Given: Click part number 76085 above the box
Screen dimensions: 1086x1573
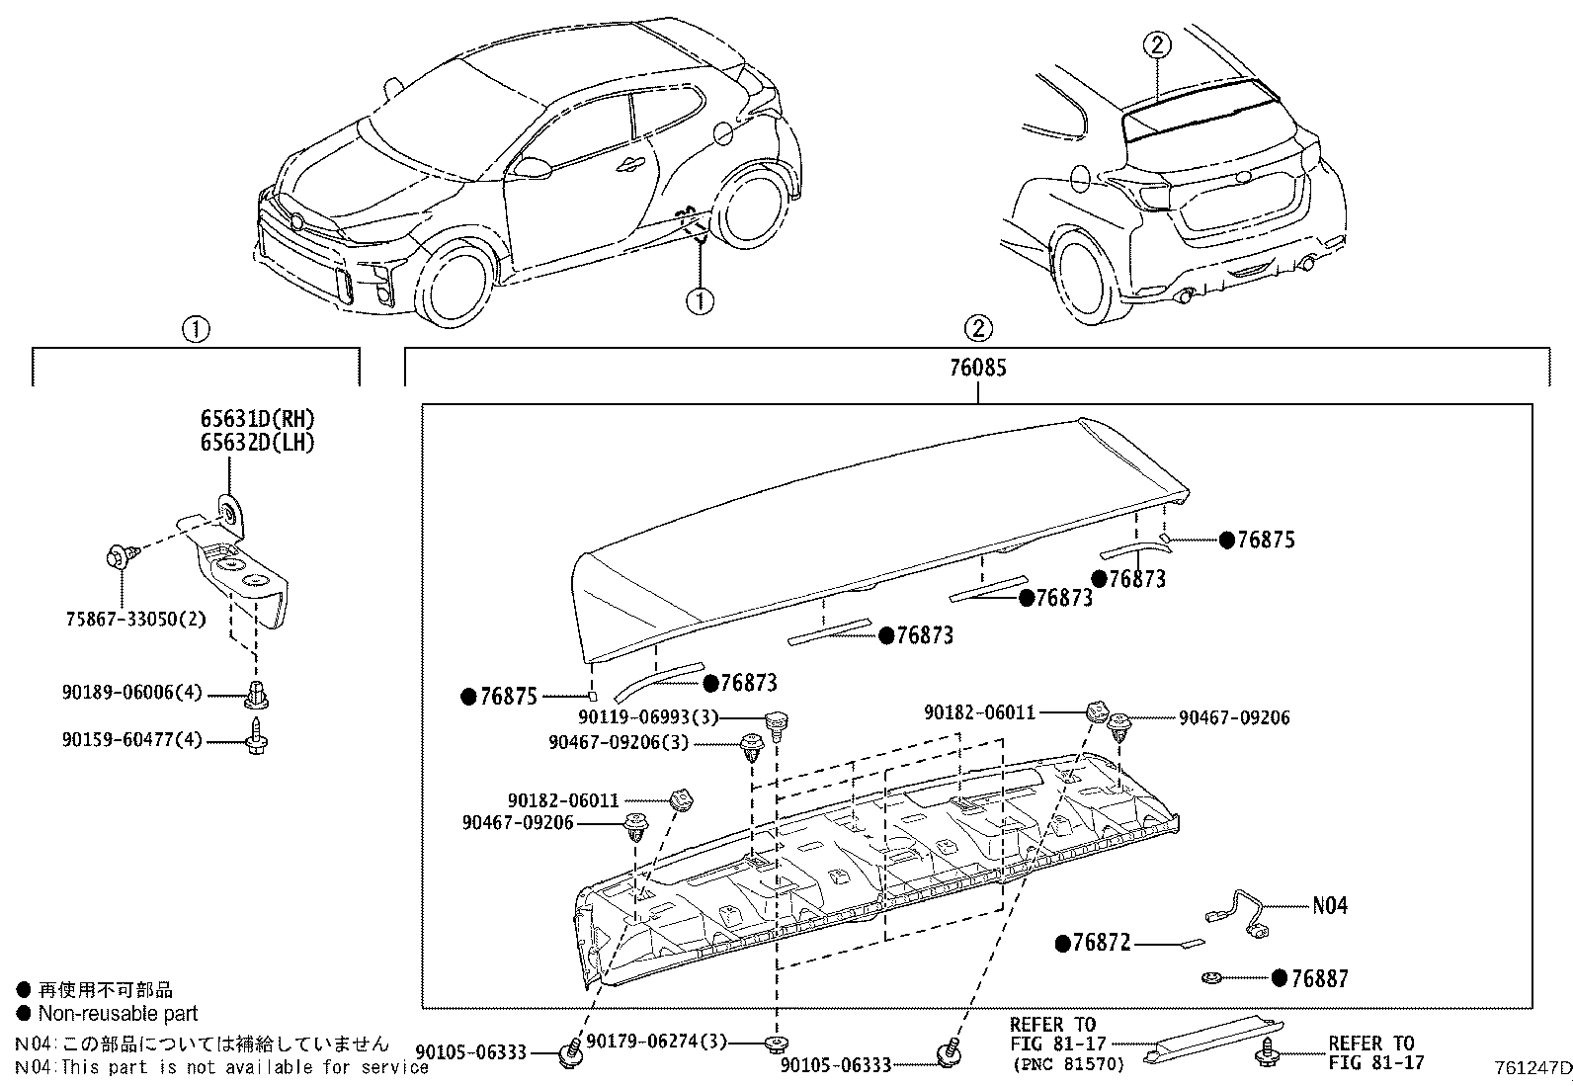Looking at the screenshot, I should coord(977,369).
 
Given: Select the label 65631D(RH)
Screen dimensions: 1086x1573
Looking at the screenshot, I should coord(257,419).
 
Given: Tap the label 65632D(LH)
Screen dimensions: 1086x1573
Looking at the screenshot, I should coord(257,442).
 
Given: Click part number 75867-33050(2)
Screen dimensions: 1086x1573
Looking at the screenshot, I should coord(135,619).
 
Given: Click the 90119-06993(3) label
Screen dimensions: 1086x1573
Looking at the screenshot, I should coord(649,717).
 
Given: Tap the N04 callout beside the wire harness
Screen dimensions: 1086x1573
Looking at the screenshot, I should coord(1329,905).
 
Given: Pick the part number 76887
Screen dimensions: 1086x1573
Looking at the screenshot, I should coord(1319,978).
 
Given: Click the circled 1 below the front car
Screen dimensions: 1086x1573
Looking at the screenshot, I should coord(700,299).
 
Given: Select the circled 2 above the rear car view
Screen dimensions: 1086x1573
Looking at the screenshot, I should coord(1159,44).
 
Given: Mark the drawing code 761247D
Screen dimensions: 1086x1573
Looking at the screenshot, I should coord(1532,1068).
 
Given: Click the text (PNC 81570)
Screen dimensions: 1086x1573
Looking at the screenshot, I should coord(1054,1065).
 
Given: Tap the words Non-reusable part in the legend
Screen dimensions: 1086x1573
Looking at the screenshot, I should coord(118,1014).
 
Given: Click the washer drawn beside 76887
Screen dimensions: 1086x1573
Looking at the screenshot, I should coord(1209,978).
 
